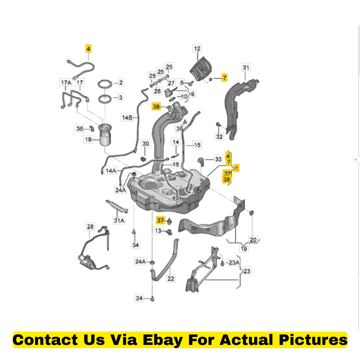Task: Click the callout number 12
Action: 197,49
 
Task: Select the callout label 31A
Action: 119,220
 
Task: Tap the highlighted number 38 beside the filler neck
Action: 156,107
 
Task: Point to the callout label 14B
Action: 127,118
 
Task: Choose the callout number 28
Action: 90,227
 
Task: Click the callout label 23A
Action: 234,262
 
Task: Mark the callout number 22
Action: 171,278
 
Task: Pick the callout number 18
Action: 88,139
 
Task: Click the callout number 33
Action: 218,159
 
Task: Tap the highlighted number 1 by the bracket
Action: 237,168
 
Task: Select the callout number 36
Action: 80,129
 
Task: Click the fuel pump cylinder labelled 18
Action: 105,135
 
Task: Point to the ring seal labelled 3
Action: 105,99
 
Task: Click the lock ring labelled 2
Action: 105,84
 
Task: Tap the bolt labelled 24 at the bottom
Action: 152,299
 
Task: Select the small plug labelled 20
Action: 251,213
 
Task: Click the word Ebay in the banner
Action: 162,340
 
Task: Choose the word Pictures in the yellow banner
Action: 313,340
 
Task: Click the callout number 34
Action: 135,245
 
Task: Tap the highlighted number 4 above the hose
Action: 88,49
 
